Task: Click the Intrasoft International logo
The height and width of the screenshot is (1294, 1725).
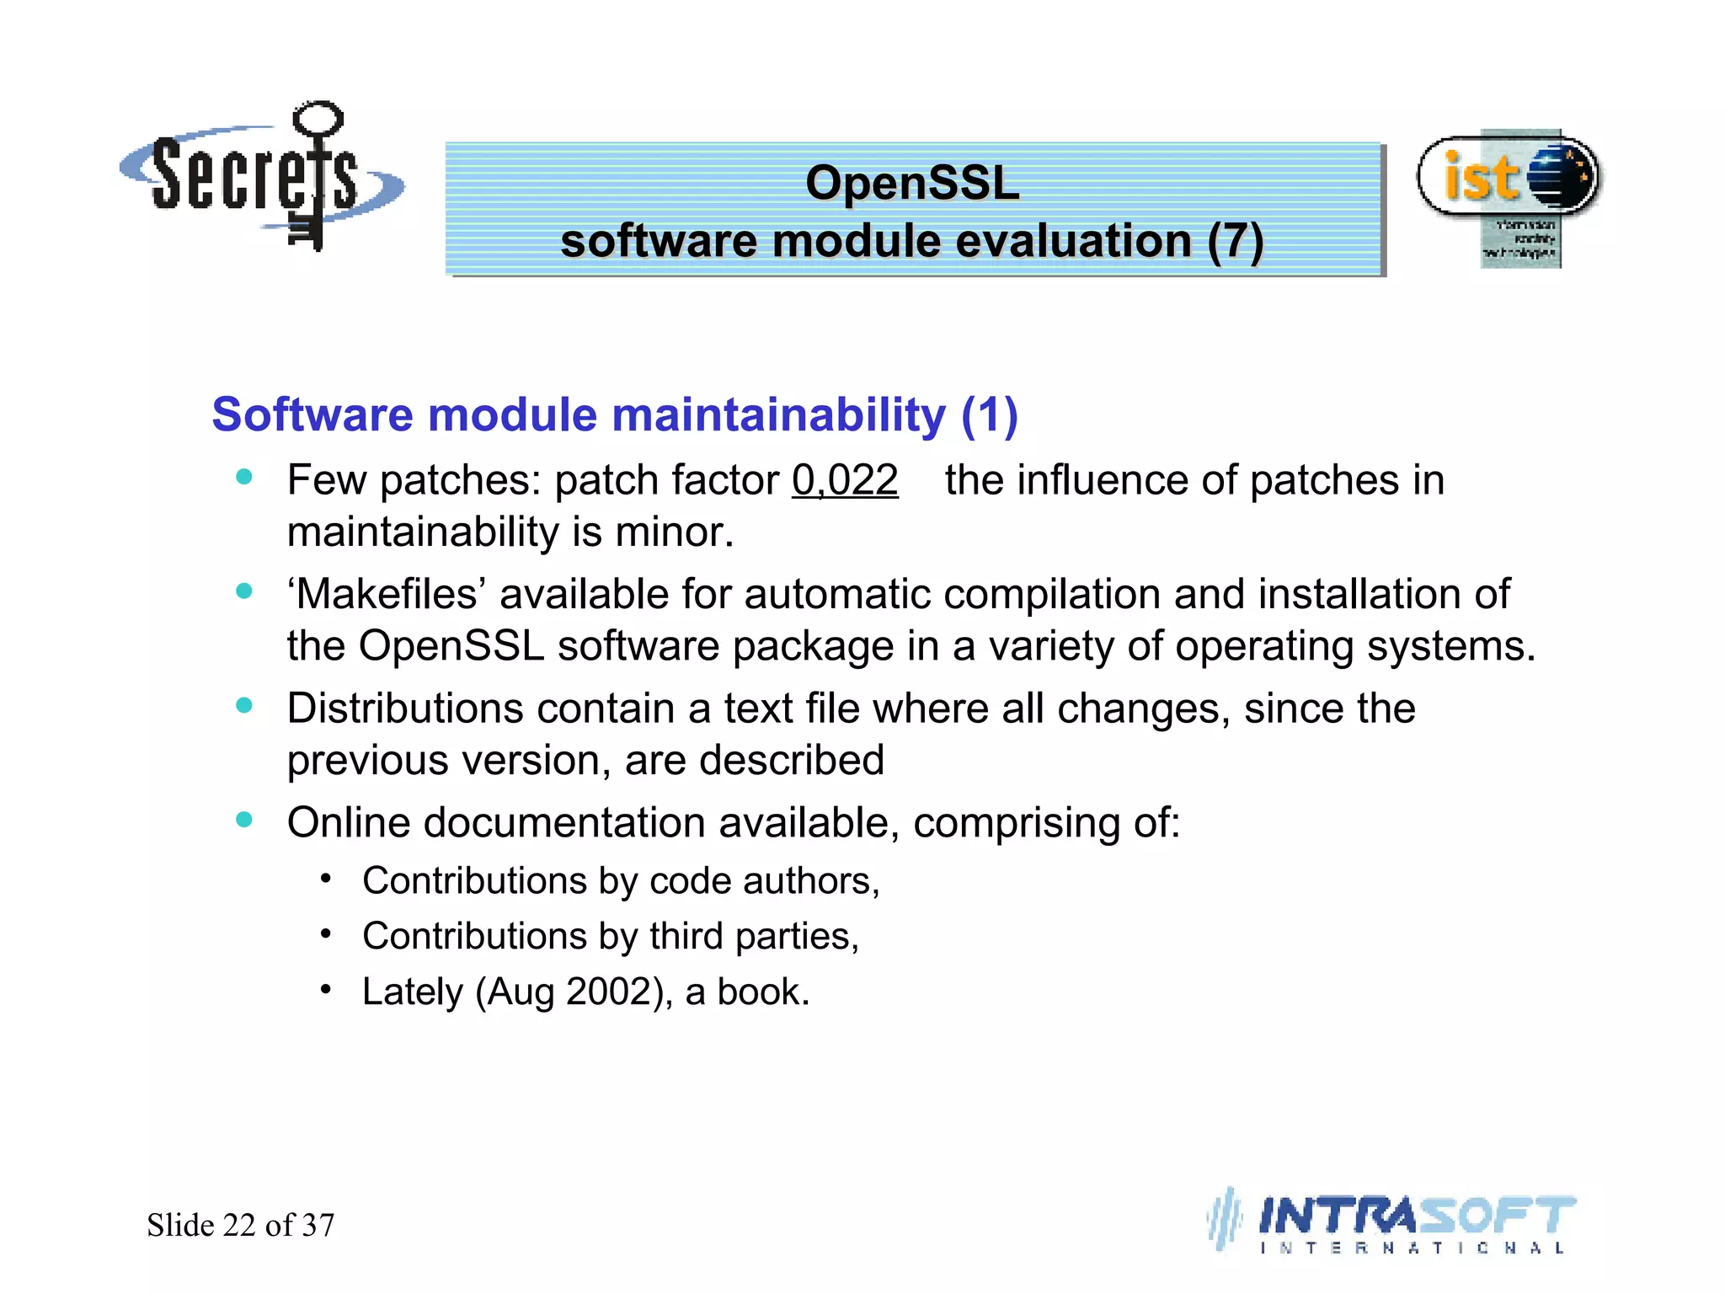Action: coord(1394,1222)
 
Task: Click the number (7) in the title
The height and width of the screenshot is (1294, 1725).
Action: coord(1234,241)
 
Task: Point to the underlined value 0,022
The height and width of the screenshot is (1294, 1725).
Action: coord(845,480)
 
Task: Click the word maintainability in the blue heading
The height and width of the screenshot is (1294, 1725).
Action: coord(778,414)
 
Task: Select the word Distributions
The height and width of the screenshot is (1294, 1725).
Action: coord(404,708)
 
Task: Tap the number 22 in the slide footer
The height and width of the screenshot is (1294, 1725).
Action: coord(239,1225)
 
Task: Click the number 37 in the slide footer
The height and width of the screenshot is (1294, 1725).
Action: coord(318,1225)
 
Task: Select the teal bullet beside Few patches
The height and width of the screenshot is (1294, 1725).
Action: coord(244,477)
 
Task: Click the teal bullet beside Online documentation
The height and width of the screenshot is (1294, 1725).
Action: coord(244,820)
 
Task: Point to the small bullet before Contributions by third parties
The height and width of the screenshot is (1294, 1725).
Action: coord(326,933)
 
